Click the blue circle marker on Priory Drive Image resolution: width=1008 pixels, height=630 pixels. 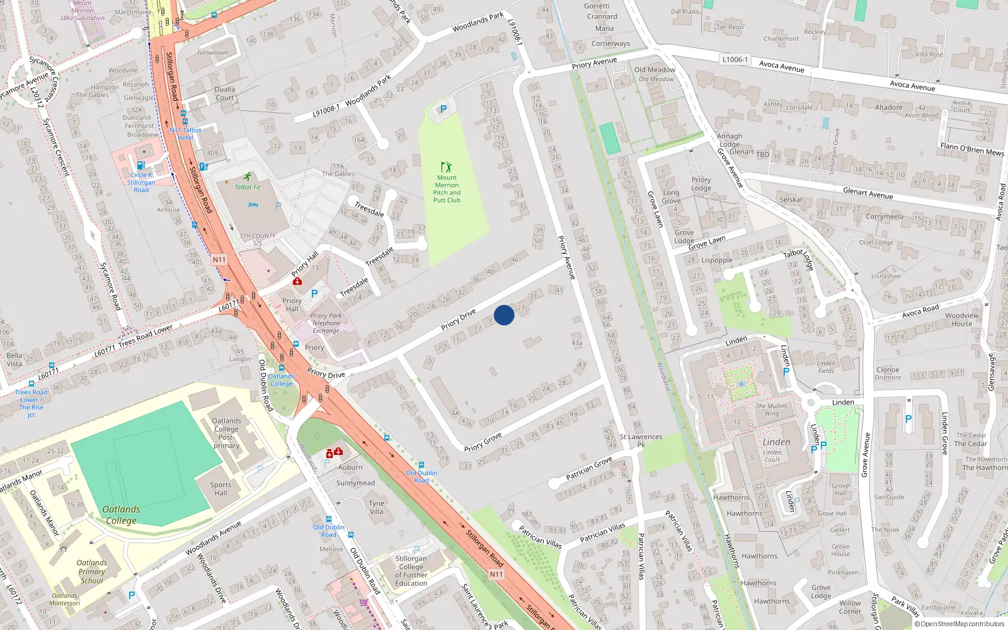(504, 315)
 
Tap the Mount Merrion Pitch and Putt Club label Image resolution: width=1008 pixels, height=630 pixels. (447, 189)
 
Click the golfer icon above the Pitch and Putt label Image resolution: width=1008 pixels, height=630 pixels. (447, 167)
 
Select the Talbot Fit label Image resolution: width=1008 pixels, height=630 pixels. (248, 187)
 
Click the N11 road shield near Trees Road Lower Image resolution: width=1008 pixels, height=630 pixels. (219, 260)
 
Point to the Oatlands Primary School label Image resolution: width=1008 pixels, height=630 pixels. (92, 571)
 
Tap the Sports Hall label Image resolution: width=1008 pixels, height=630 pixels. (220, 489)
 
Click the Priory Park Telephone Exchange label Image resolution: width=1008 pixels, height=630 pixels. (326, 323)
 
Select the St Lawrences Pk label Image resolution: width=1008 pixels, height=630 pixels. (641, 440)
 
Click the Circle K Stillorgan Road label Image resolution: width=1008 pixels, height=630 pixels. (141, 183)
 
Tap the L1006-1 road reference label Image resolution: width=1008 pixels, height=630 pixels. (735, 59)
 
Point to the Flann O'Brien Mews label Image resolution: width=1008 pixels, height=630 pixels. (972, 149)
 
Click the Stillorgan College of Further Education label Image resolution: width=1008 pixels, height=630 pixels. (411, 571)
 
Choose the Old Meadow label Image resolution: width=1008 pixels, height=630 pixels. (655, 70)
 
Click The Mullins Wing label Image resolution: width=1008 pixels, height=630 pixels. (772, 409)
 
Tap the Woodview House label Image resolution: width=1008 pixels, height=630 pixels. (962, 319)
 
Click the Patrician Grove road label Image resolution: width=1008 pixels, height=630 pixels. (588, 468)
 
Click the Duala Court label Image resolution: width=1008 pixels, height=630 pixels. (225, 93)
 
